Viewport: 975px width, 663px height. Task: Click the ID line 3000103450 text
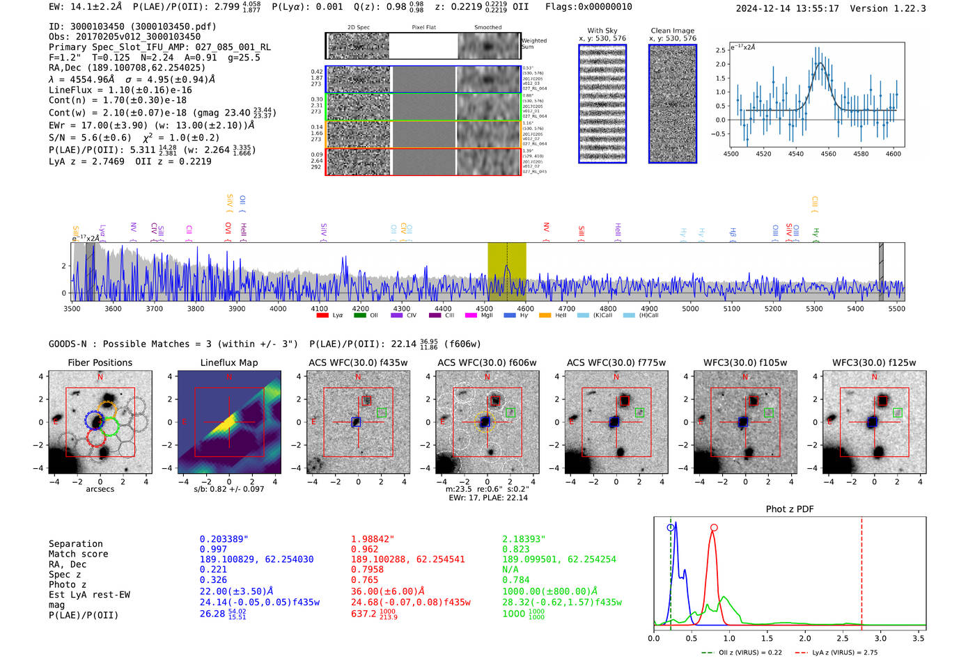coord(132,26)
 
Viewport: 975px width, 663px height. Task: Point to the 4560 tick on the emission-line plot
coord(828,154)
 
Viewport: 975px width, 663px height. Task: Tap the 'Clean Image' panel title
coord(672,31)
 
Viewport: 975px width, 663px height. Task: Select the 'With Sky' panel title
coord(602,31)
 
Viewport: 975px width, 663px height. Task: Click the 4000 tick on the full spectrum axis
coord(278,309)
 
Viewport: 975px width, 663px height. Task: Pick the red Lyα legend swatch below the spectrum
coord(322,316)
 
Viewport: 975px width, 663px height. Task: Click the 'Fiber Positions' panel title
coord(100,362)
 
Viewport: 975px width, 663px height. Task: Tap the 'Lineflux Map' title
coord(228,362)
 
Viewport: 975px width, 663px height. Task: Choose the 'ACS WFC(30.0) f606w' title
coord(487,362)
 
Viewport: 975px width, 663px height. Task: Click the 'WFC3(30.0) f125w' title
coord(874,362)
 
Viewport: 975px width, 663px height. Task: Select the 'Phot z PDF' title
coord(790,509)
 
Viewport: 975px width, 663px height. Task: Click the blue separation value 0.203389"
coord(224,539)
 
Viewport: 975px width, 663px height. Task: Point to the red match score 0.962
coord(365,550)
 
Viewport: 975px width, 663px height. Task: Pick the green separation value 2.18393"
coord(524,539)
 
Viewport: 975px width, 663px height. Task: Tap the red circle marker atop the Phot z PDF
coord(714,527)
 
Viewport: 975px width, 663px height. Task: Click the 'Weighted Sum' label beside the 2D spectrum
coord(534,44)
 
